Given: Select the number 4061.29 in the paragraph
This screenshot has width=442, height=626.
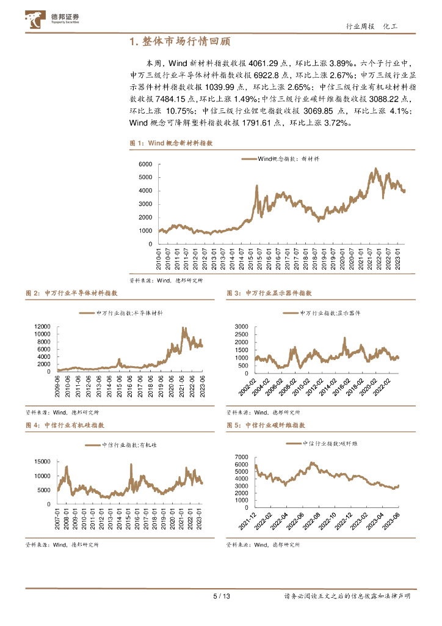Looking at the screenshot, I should (x=266, y=63).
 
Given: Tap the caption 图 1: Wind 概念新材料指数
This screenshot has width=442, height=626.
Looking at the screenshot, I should (x=171, y=142).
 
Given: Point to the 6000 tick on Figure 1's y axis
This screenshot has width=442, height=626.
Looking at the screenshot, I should (x=145, y=164).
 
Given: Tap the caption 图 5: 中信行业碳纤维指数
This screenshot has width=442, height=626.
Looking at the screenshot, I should (x=266, y=424).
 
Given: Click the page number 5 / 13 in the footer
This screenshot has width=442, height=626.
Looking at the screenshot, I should (x=221, y=596).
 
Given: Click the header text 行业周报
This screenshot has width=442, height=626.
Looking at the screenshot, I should (x=358, y=27).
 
